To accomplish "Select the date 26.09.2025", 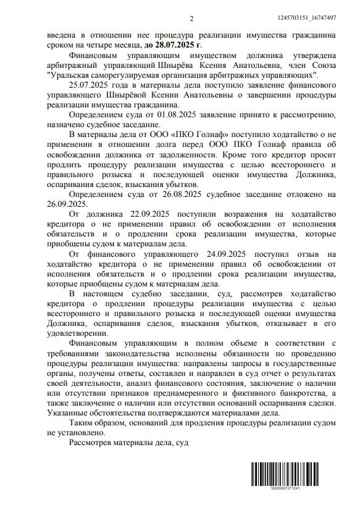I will pyautogui.click(x=69, y=204).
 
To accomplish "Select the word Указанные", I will pyautogui.click(x=73, y=413).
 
